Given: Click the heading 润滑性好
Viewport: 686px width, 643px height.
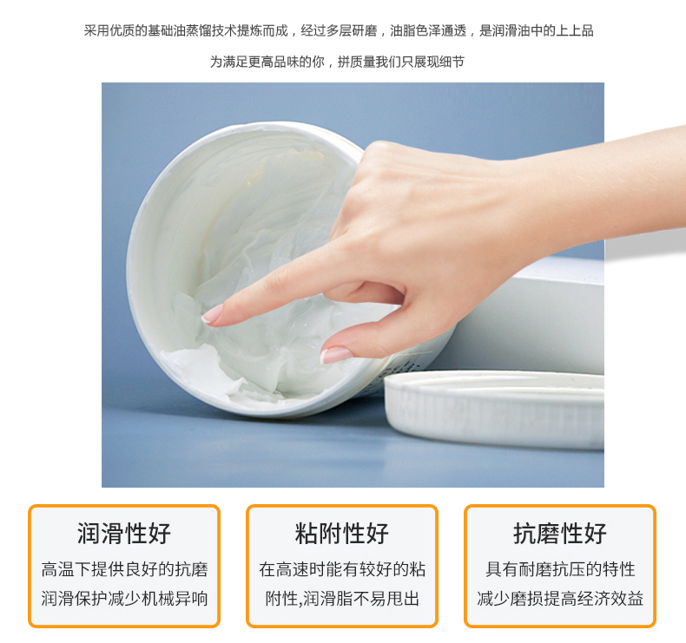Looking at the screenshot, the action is [124, 534].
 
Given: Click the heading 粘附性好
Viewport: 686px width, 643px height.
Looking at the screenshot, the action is [341, 534].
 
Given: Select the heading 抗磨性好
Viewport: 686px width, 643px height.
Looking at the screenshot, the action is [560, 534].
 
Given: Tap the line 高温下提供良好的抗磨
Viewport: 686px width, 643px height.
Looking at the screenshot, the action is [125, 569].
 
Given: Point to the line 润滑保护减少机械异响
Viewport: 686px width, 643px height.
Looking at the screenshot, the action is [125, 599].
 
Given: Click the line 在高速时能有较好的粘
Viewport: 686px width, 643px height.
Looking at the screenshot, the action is [342, 569].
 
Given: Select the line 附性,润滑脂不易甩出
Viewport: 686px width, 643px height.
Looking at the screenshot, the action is [342, 599].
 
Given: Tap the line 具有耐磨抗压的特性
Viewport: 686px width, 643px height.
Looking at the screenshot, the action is [560, 569].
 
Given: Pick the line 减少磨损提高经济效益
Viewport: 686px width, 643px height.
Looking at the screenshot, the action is [560, 599].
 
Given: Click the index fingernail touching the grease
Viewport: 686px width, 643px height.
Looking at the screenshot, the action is [212, 314].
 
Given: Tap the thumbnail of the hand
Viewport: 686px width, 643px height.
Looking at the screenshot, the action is [335, 355].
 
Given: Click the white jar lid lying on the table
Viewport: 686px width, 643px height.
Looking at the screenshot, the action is [494, 409].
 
